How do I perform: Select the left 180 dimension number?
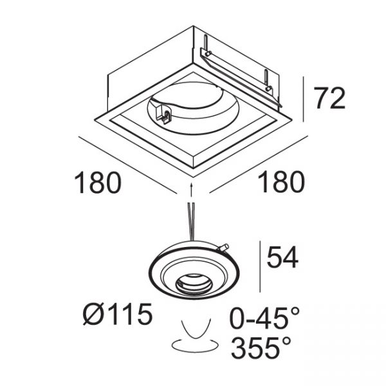[x=98, y=183]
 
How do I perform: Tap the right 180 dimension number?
[x=282, y=182]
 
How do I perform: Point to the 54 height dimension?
[x=282, y=257]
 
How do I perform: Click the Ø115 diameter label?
[x=118, y=314]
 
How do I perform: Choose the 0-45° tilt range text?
[x=264, y=318]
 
